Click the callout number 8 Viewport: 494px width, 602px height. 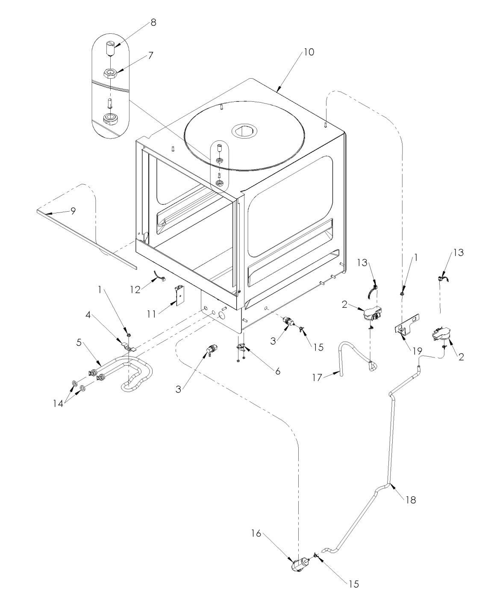point(153,23)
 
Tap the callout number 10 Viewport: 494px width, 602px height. point(309,52)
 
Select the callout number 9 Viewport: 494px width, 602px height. point(73,211)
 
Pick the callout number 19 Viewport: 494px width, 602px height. point(417,351)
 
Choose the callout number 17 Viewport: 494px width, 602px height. point(318,378)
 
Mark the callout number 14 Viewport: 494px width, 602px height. point(58,404)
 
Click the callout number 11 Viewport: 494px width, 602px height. point(152,314)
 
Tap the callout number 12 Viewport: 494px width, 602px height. point(135,290)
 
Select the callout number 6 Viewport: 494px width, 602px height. point(278,371)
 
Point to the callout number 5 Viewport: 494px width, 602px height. point(79,342)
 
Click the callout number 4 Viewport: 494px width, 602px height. point(88,315)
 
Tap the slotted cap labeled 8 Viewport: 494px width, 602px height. point(109,48)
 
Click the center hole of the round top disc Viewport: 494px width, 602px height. point(244,131)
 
